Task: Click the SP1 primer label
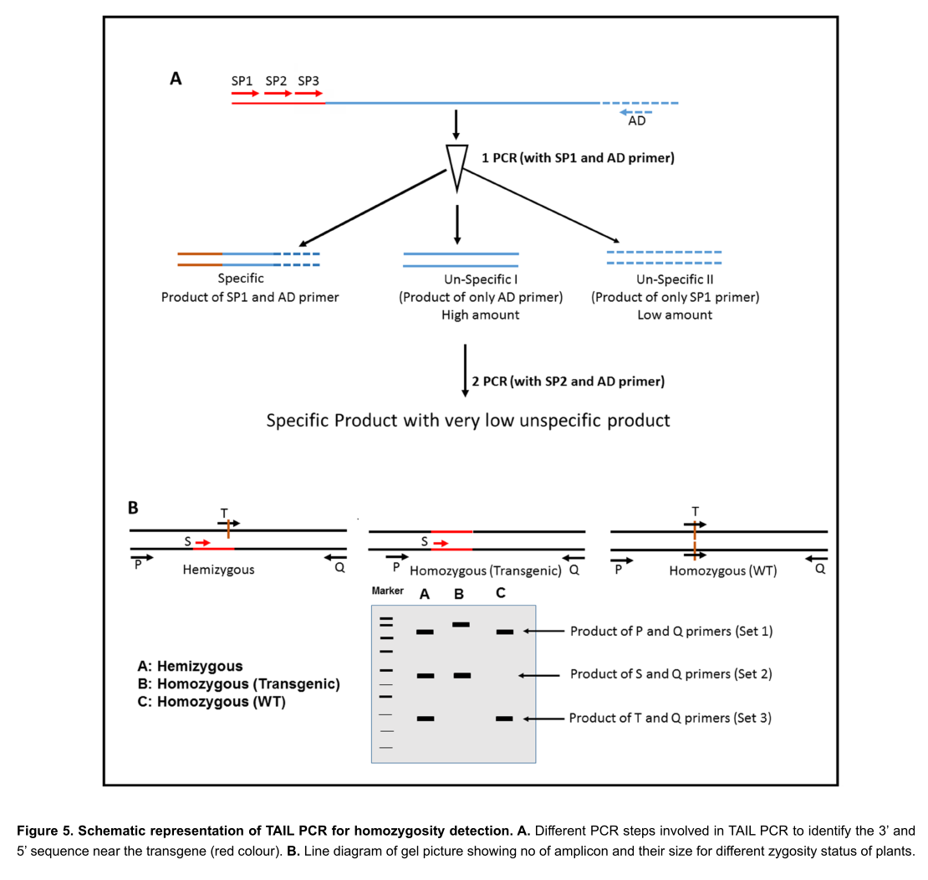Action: tap(242, 81)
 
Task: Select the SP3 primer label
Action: tap(308, 81)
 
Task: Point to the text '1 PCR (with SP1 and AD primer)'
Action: tap(578, 157)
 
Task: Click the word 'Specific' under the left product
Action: tap(241, 279)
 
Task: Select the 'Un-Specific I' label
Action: tap(480, 279)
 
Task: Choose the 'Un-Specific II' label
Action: tap(675, 279)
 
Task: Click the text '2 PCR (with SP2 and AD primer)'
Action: tap(568, 381)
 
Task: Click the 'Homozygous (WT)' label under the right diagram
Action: tap(722, 571)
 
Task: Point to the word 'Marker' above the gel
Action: tap(388, 591)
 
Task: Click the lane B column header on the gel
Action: tap(459, 595)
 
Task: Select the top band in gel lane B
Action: tap(461, 624)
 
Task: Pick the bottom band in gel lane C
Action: tap(504, 718)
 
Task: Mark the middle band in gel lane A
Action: tap(425, 675)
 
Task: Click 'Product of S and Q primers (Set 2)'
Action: tap(671, 674)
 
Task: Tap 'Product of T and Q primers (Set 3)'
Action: tap(670, 718)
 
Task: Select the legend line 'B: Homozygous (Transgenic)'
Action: tap(238, 684)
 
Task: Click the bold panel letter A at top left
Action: tap(176, 79)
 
